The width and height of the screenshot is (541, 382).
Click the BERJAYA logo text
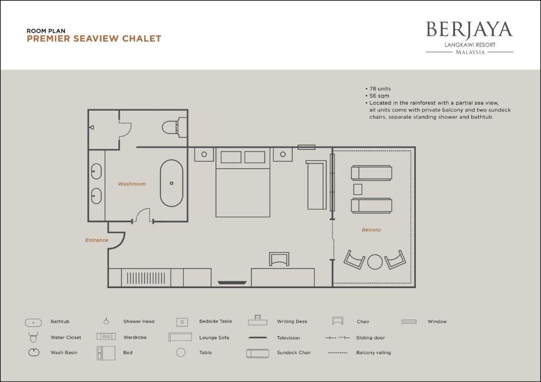pos(469,30)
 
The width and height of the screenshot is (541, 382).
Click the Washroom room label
pos(132,184)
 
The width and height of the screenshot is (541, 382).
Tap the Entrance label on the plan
pos(97,240)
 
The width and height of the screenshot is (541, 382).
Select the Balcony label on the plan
pos(371,230)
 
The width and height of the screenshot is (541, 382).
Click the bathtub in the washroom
pos(172,183)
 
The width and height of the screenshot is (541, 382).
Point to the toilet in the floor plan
pos(174,128)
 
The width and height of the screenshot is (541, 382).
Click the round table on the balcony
pos(375,262)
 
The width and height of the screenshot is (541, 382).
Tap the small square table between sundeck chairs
pos(358,189)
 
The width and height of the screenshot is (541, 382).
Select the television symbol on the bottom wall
pos(232,283)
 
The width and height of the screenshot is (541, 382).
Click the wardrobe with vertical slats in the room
pos(146,278)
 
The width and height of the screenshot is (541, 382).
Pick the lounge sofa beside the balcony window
pos(316,185)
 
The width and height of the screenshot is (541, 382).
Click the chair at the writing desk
pos(279,259)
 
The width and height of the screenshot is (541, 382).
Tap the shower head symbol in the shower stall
pos(91,127)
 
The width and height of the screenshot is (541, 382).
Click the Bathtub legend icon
pos(33,323)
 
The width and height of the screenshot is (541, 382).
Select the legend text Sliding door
pos(370,338)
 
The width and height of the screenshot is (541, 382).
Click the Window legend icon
pos(409,321)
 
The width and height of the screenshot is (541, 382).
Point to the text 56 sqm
pos(379,96)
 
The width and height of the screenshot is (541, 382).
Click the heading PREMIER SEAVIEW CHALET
pos(94,39)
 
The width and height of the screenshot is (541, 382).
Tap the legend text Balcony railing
pos(374,353)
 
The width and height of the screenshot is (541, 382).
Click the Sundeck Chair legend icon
pos(257,354)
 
